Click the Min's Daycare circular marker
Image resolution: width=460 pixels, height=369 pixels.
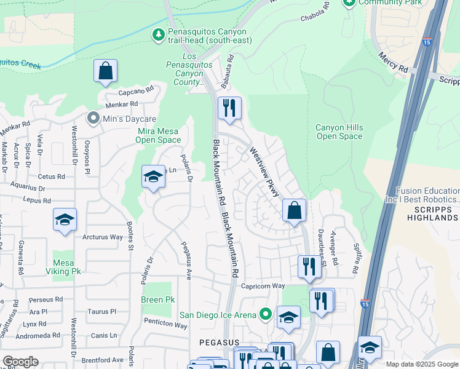point(93,117)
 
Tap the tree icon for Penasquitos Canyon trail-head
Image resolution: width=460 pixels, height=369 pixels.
point(159,36)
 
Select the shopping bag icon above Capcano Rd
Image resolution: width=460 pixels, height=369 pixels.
point(106,71)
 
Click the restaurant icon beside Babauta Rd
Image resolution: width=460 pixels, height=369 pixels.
point(229,108)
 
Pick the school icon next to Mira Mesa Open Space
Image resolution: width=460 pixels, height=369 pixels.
point(153,177)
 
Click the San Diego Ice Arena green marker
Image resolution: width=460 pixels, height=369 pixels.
point(266,315)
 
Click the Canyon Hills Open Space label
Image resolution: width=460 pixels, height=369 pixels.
point(339,132)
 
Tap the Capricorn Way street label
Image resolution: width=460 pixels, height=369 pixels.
point(263,286)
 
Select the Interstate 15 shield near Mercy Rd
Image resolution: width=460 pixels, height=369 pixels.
point(427,42)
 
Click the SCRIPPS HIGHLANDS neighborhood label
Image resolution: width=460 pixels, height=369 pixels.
point(432,214)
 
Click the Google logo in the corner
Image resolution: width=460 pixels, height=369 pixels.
point(21,362)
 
